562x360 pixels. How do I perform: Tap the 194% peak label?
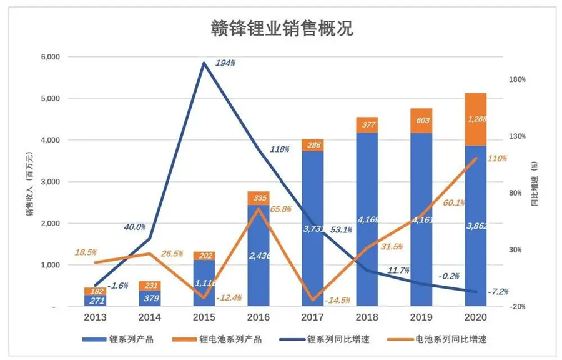pyautogui.click(x=227, y=64)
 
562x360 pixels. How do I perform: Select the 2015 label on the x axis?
pyautogui.click(x=204, y=317)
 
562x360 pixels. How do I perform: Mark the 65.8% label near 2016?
pyautogui.click(x=280, y=209)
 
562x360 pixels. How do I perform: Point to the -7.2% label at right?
pyautogui.click(x=498, y=292)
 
